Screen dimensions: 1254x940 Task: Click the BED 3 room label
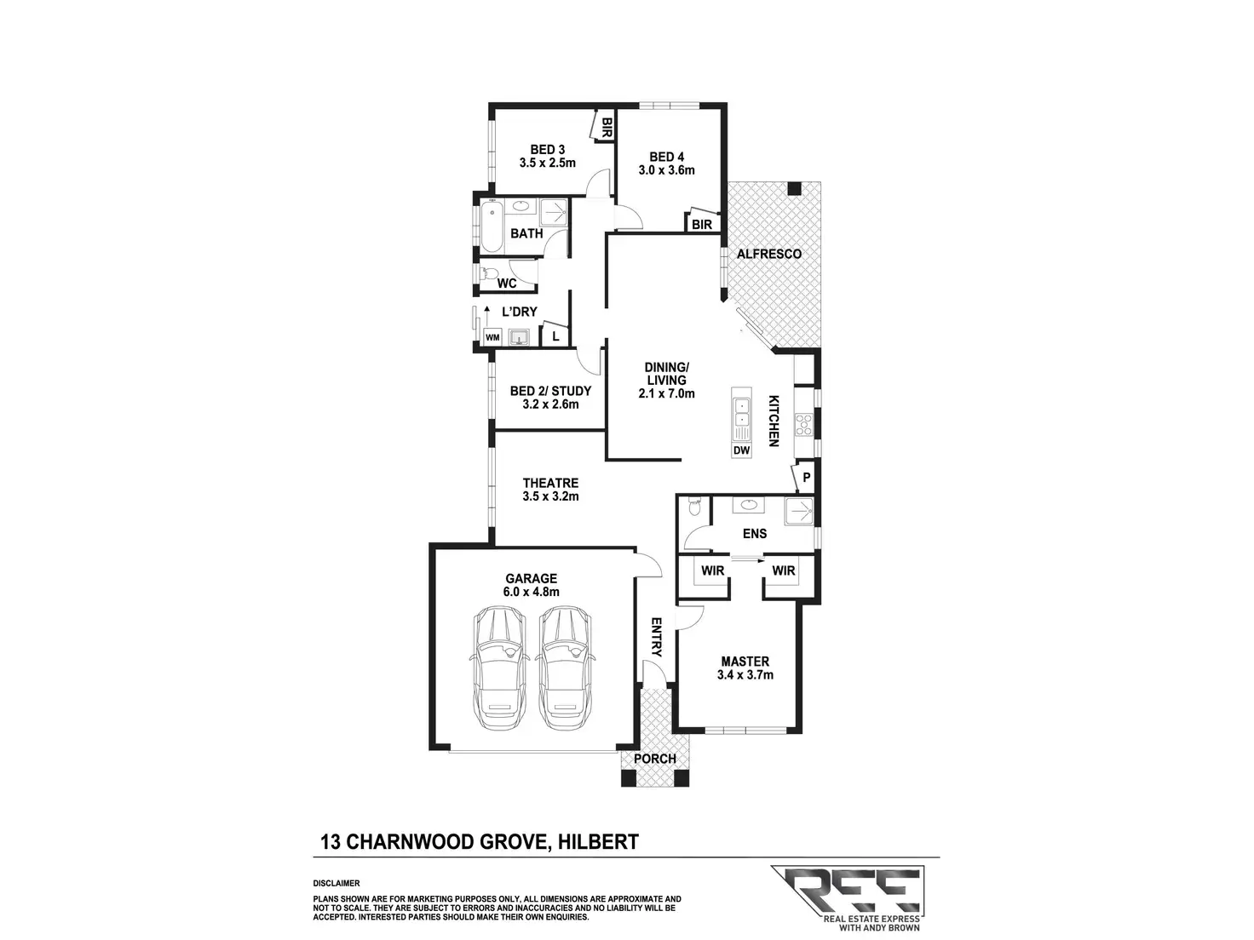pyautogui.click(x=548, y=149)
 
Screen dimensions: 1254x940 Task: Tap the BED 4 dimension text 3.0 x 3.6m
pyautogui.click(x=667, y=169)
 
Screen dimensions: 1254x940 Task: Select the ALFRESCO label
pyautogui.click(x=768, y=254)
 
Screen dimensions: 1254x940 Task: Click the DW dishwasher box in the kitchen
pyautogui.click(x=741, y=450)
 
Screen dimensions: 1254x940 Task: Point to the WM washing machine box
pyautogui.click(x=492, y=337)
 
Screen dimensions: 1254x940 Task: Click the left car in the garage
pyautogui.click(x=499, y=668)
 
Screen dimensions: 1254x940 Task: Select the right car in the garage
pyautogui.click(x=565, y=668)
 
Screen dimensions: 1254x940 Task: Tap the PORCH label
pyautogui.click(x=656, y=759)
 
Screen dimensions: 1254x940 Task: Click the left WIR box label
pyautogui.click(x=712, y=570)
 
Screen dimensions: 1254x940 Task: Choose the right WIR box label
pyautogui.click(x=784, y=570)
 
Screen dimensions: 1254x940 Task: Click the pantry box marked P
pyautogui.click(x=806, y=479)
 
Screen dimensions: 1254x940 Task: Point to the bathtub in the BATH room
pyautogui.click(x=491, y=226)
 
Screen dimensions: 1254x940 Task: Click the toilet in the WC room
pyautogui.click(x=487, y=274)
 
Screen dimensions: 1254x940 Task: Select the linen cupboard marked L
pyautogui.click(x=555, y=336)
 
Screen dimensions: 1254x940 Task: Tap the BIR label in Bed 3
pyautogui.click(x=607, y=128)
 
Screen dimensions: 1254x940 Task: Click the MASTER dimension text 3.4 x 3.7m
pyautogui.click(x=745, y=675)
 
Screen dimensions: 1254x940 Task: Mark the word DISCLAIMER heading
pyautogui.click(x=337, y=884)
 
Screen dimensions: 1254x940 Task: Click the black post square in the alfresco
pyautogui.click(x=795, y=188)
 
